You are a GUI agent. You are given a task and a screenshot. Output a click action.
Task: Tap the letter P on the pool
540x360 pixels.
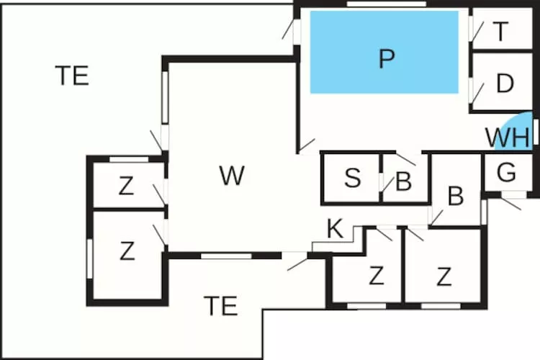[387, 59]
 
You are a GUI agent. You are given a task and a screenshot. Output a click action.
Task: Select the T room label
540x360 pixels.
[501, 32]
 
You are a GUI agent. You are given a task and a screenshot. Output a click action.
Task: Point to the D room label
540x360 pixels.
[505, 84]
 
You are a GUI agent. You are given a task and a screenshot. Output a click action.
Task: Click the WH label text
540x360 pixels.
[507, 136]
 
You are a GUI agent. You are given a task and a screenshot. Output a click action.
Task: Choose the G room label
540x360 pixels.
[507, 173]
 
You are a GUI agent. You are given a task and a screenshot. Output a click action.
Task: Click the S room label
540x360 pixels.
[352, 178]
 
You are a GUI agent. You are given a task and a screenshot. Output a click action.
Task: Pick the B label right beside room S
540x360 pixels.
[403, 181]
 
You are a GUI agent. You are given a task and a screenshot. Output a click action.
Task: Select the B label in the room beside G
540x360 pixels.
[455, 196]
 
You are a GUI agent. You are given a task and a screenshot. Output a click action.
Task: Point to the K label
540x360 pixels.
[334, 229]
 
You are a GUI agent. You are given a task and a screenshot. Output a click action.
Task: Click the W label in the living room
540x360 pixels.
[231, 176]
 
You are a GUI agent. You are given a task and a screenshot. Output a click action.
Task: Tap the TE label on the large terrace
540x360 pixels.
[72, 75]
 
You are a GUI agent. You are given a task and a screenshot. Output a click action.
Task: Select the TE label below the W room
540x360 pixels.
[220, 306]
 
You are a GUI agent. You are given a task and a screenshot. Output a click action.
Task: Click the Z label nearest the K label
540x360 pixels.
[375, 276]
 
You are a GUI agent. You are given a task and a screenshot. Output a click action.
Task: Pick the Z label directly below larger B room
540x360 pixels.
[444, 276]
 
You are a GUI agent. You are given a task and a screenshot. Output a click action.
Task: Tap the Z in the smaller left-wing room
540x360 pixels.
[127, 187]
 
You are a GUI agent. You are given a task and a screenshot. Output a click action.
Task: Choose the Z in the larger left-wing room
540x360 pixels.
[127, 251]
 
